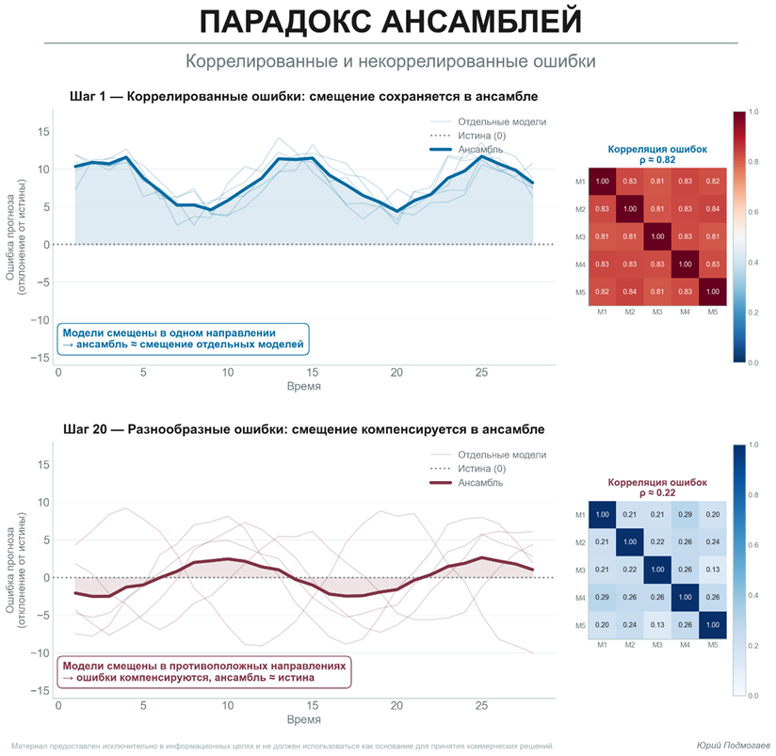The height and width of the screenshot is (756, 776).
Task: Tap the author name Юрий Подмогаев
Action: coord(732,744)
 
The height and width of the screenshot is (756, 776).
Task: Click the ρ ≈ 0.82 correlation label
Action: coord(656,160)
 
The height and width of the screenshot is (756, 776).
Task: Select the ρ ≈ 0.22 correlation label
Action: coord(656,492)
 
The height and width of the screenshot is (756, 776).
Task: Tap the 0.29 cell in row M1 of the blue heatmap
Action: coord(684,514)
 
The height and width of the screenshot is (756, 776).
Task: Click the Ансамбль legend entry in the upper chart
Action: coord(479,150)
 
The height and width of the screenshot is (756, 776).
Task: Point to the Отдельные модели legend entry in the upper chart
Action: coord(501,122)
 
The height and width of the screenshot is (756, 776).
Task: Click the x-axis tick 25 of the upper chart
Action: coord(481,373)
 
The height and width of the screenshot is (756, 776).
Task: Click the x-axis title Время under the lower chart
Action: coord(303,719)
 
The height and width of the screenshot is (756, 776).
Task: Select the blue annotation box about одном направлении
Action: coord(184,339)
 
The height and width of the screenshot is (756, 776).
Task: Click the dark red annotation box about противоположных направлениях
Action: coord(204,670)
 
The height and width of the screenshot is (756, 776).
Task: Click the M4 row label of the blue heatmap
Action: coord(580,598)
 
